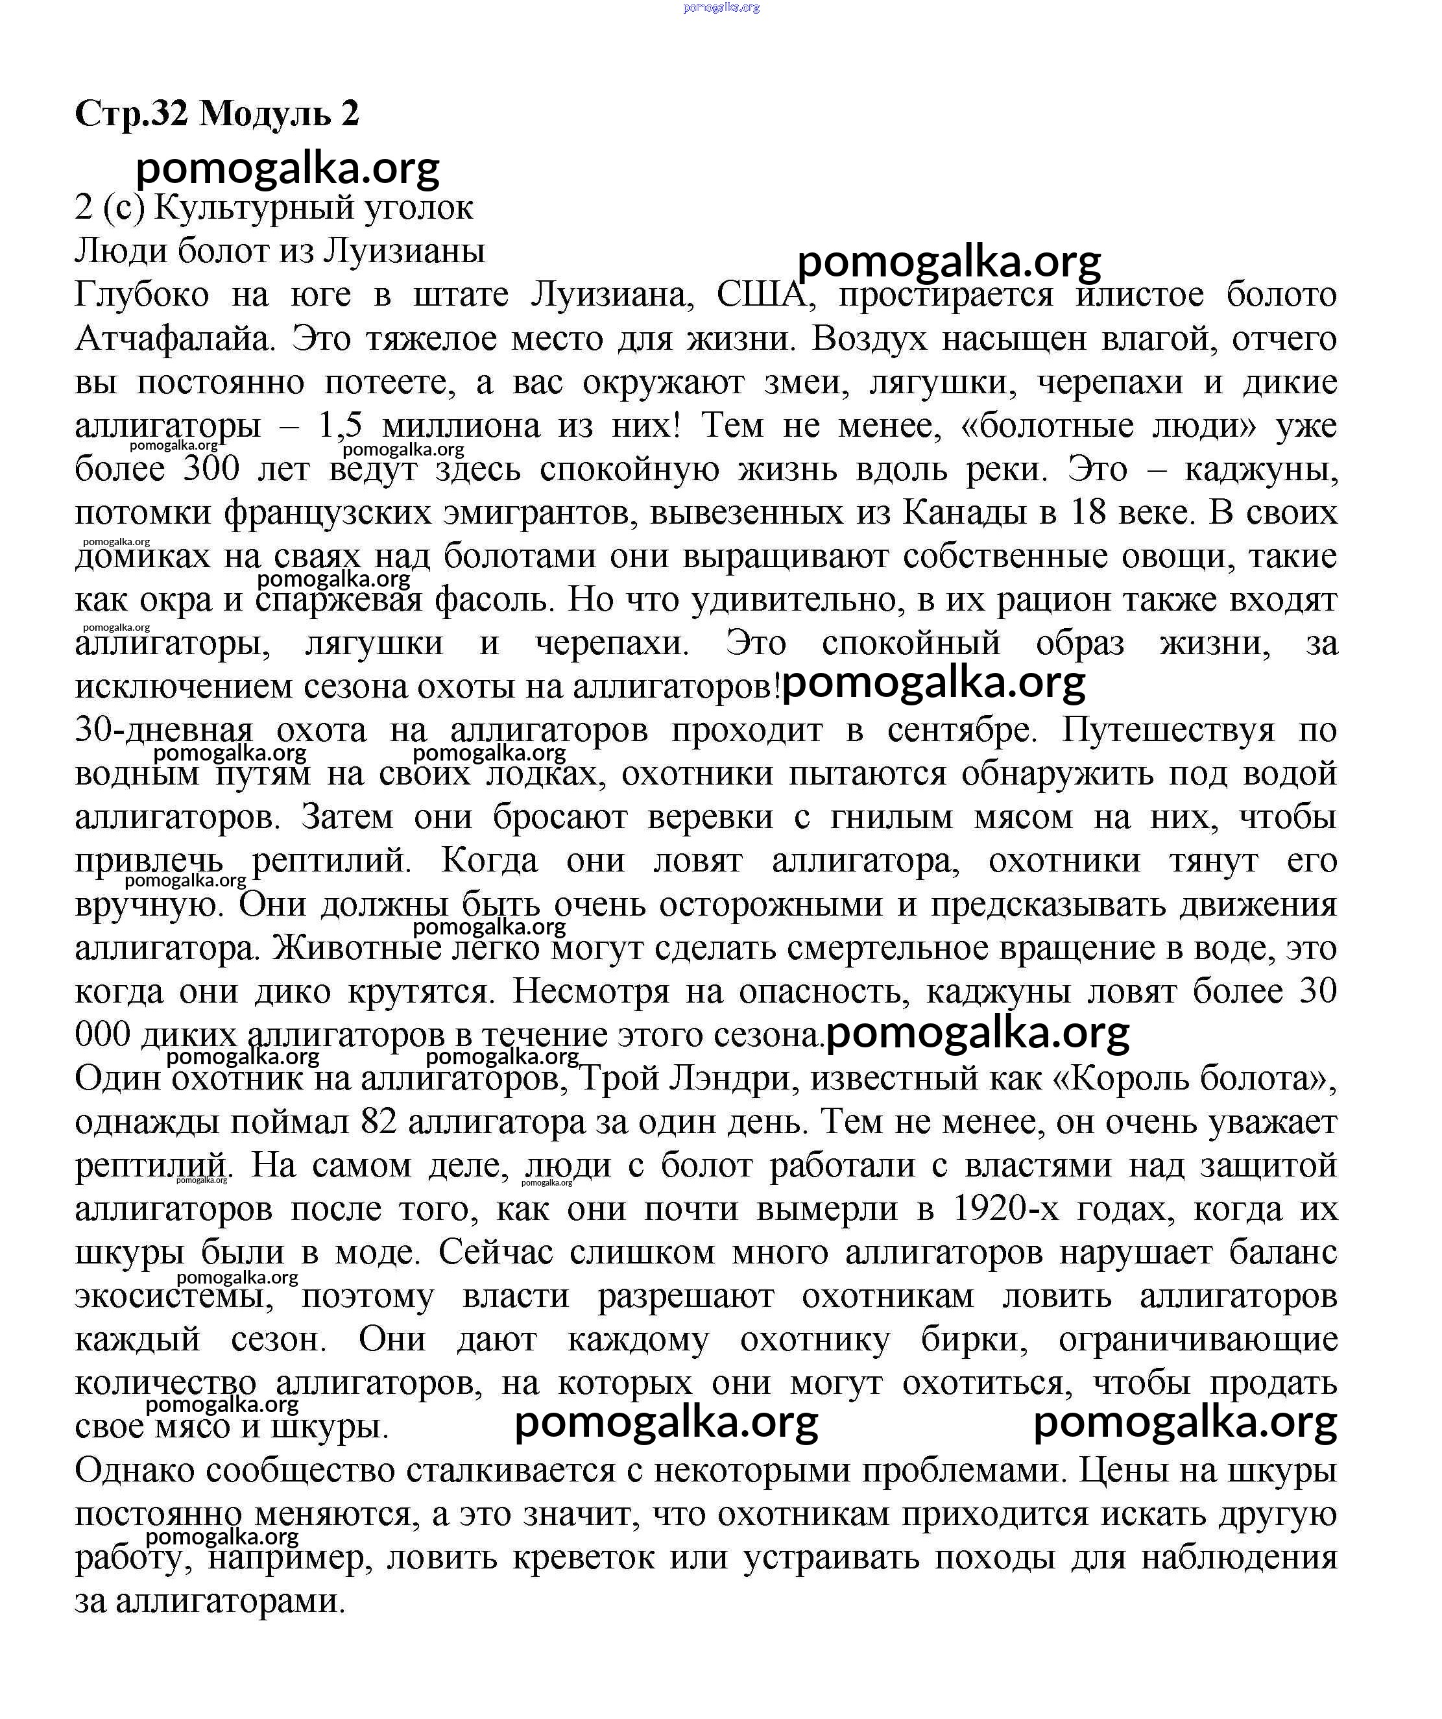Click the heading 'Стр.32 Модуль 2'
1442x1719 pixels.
click(x=217, y=113)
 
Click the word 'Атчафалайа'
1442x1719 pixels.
click(x=173, y=338)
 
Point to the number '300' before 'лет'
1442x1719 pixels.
click(x=211, y=469)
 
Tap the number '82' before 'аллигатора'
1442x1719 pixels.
click(x=378, y=1122)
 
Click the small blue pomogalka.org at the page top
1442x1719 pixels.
click(x=720, y=6)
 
